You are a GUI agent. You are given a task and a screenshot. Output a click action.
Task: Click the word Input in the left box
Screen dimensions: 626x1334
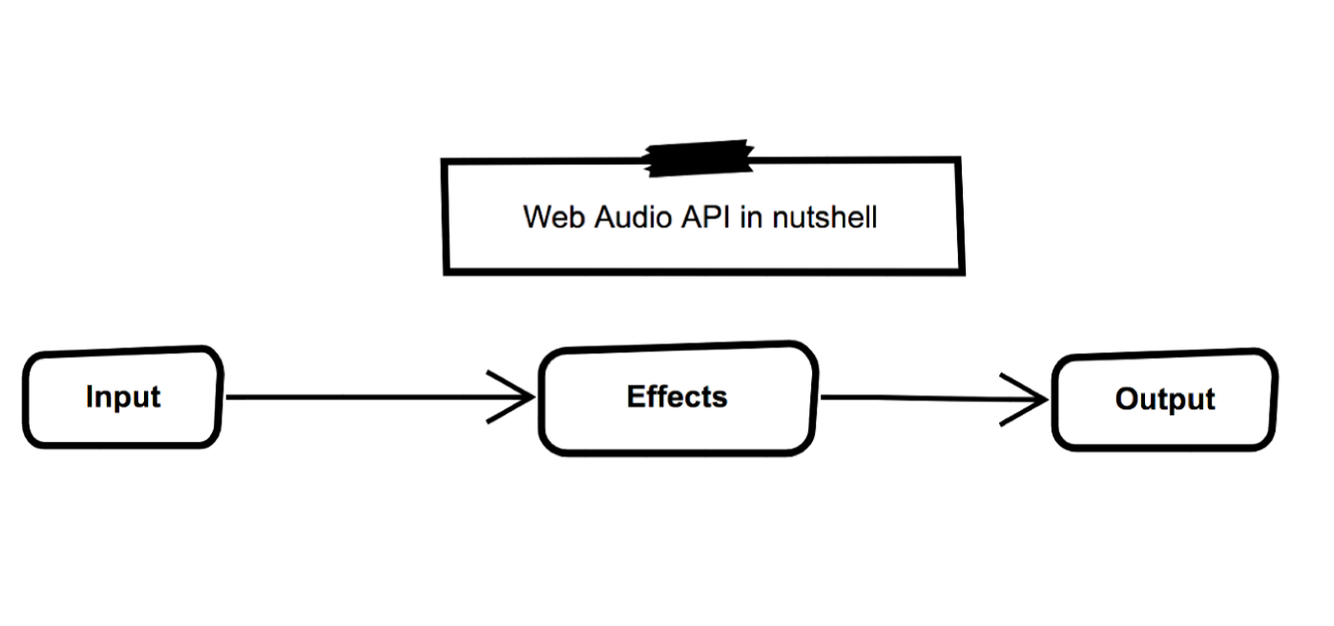123,397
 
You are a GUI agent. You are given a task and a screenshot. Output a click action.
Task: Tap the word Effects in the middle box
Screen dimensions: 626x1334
677,397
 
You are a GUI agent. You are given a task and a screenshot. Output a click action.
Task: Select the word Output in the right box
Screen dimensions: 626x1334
1164,399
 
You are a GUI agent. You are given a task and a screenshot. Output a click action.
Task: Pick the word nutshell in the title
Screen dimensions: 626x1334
824,217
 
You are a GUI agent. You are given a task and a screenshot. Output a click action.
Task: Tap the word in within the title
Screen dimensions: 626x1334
752,217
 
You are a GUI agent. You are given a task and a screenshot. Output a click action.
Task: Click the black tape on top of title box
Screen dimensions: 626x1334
699,158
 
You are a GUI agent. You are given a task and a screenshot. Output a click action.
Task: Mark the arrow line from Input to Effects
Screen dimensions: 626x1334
363,397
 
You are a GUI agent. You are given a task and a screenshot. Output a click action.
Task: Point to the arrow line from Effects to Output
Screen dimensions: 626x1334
916,398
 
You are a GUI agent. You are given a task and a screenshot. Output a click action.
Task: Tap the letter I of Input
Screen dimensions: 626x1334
90,396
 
